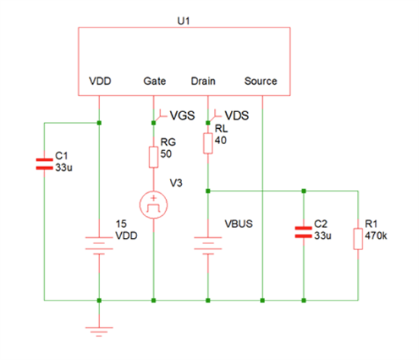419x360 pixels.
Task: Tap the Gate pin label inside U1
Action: tap(155, 81)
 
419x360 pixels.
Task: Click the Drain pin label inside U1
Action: tap(203, 81)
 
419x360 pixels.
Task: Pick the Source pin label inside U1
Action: tap(261, 81)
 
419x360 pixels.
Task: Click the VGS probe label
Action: tap(182, 115)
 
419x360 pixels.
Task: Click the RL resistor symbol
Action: tap(207, 143)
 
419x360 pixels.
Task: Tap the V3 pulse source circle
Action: tap(154, 204)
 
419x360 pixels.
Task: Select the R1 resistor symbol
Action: tap(357, 238)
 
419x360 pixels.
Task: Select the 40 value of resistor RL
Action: tap(222, 140)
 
